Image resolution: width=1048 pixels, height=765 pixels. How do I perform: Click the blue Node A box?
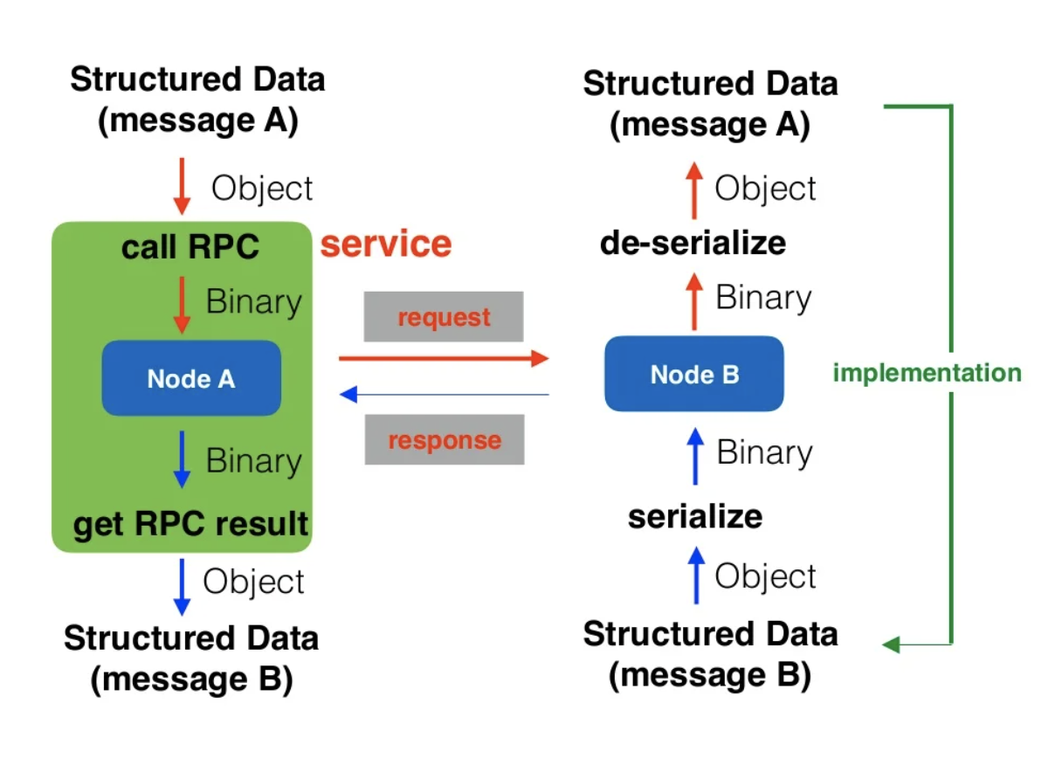click(x=191, y=378)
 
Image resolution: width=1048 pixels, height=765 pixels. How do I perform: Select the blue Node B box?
click(x=694, y=374)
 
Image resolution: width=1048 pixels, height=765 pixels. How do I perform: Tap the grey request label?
click(x=444, y=317)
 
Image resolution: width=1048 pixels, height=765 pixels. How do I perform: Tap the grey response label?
click(x=445, y=439)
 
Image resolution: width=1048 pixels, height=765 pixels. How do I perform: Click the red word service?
click(x=386, y=244)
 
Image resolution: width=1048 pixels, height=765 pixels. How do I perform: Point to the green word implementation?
click(x=927, y=373)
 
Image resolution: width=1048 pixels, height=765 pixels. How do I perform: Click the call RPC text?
click(x=190, y=247)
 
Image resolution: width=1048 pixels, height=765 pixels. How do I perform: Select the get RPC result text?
click(x=190, y=524)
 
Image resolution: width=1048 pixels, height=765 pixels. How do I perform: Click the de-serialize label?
click(x=693, y=242)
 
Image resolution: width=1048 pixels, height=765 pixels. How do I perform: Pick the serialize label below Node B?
click(x=694, y=516)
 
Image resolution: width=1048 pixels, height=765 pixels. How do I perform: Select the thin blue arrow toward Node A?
click(x=444, y=395)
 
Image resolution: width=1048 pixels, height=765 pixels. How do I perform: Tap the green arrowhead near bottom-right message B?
click(x=890, y=644)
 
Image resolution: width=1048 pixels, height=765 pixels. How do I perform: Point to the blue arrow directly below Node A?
click(x=182, y=458)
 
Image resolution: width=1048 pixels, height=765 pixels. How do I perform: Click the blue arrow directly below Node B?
click(x=695, y=454)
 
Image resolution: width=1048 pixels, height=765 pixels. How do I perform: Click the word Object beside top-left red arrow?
click(x=262, y=189)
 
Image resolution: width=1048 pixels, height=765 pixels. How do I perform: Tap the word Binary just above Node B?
click(x=763, y=298)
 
